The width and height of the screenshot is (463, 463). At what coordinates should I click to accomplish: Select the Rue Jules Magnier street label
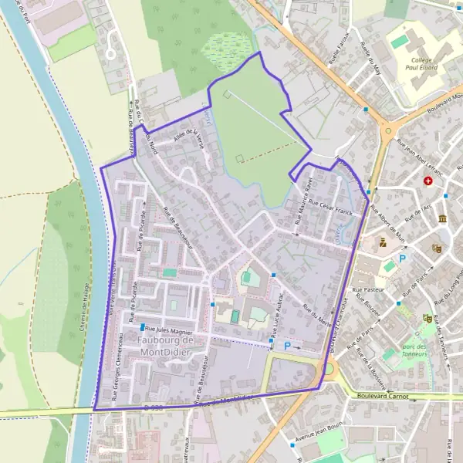tap(170, 328)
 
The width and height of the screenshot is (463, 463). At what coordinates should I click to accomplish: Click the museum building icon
tap(442, 219)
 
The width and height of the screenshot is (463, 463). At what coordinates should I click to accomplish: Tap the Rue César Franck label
tap(330, 201)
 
